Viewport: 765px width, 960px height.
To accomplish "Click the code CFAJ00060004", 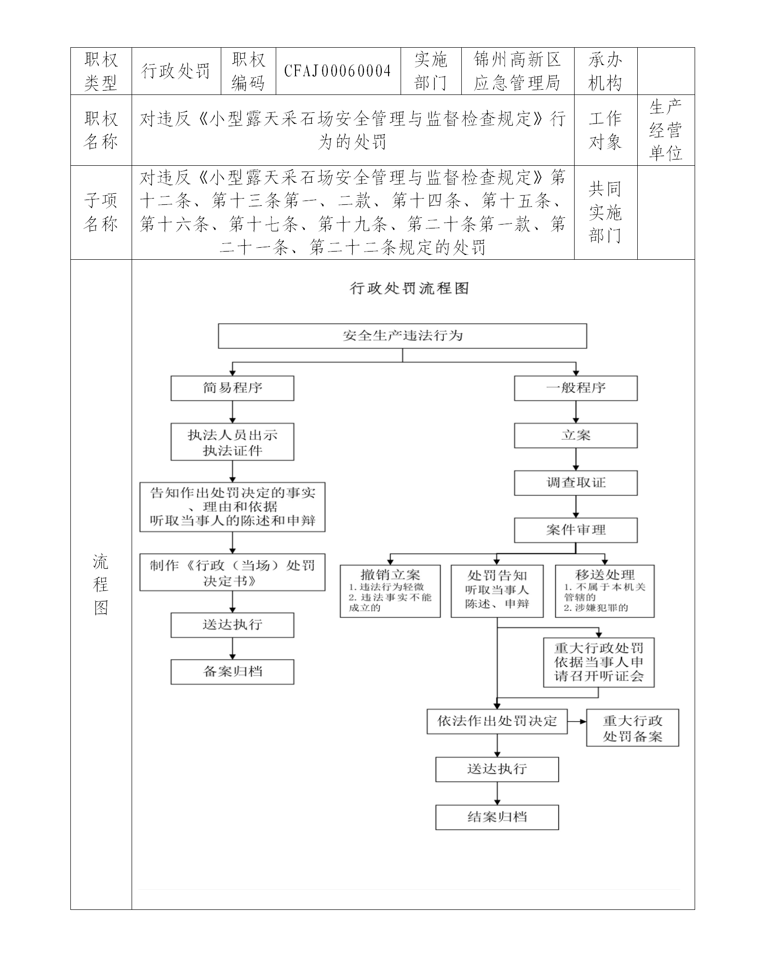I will click(337, 71).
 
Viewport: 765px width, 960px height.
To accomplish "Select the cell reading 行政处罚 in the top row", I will click(176, 71).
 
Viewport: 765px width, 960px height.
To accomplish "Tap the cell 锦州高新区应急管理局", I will click(517, 71).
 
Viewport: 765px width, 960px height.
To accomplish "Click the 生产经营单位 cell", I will click(666, 130).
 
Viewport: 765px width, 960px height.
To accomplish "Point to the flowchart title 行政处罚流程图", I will click(409, 288).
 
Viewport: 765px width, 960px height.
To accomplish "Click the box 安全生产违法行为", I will click(403, 335).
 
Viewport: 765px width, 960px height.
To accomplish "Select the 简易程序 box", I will click(232, 388).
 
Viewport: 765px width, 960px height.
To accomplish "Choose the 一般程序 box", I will click(576, 388).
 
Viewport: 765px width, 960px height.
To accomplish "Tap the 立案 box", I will click(576, 436).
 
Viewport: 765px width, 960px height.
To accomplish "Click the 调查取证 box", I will click(576, 483).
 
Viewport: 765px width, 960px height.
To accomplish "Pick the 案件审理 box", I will click(576, 530).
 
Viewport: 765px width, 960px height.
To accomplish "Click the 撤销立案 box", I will click(390, 591).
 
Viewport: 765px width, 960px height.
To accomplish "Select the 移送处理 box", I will click(604, 591).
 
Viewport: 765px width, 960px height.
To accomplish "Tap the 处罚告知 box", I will click(497, 591).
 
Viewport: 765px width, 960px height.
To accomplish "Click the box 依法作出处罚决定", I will click(497, 721).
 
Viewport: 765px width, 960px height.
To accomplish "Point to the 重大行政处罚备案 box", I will click(632, 728).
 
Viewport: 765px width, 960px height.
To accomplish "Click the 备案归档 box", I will click(232, 672).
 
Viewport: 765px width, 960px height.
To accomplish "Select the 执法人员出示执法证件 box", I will click(232, 442).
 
